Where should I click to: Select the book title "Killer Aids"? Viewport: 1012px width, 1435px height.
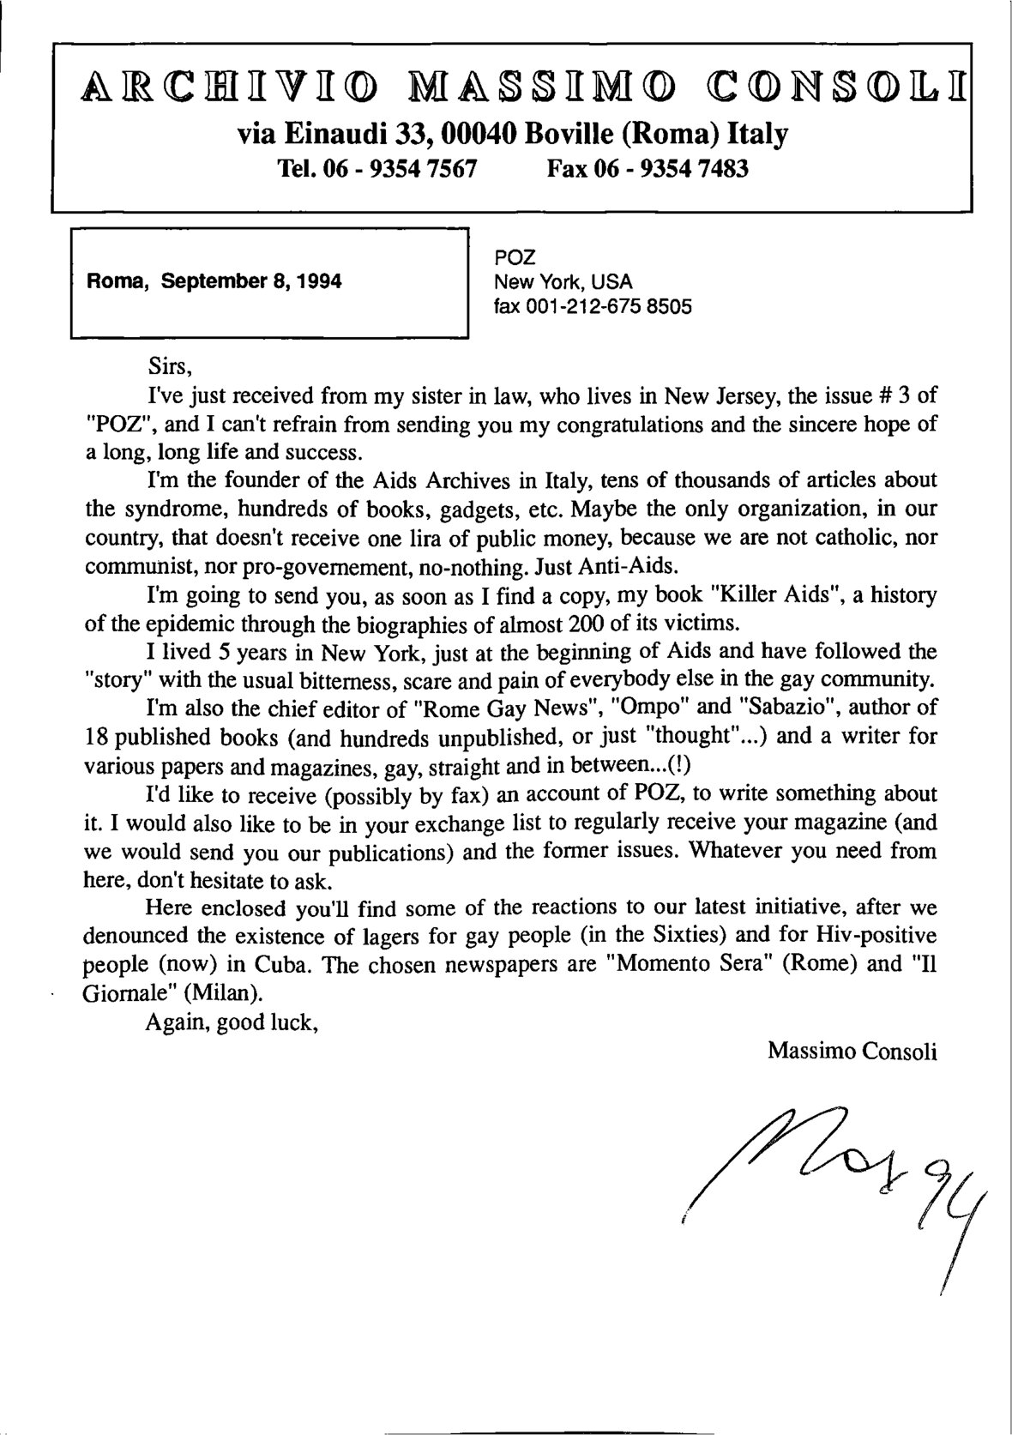755,594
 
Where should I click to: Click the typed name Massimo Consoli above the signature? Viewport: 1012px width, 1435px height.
852,1049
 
